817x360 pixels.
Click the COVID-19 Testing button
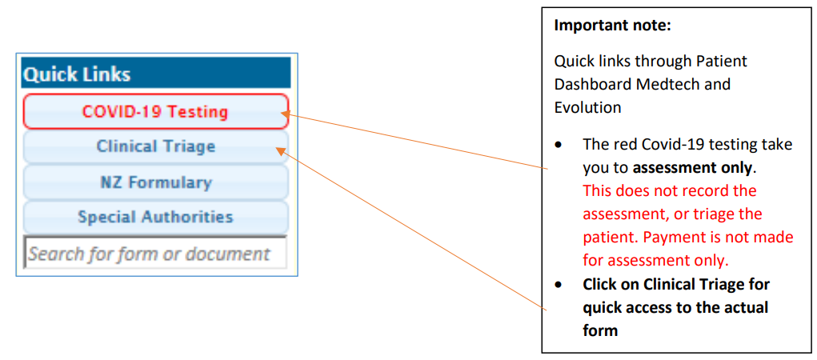(x=156, y=111)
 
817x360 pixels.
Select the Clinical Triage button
(x=156, y=146)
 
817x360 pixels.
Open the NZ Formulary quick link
(x=156, y=182)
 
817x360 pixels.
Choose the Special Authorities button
(x=156, y=217)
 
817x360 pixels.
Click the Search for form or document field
(x=156, y=253)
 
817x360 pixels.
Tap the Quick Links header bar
(x=156, y=73)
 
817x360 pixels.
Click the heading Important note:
(x=612, y=26)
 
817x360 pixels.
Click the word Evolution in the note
(x=587, y=107)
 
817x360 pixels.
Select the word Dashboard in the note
(x=609, y=84)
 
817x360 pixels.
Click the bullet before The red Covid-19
(x=558, y=145)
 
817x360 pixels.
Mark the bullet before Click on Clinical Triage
(x=558, y=285)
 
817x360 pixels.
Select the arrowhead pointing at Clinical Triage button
(x=280, y=151)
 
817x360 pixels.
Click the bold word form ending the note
(x=600, y=330)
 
